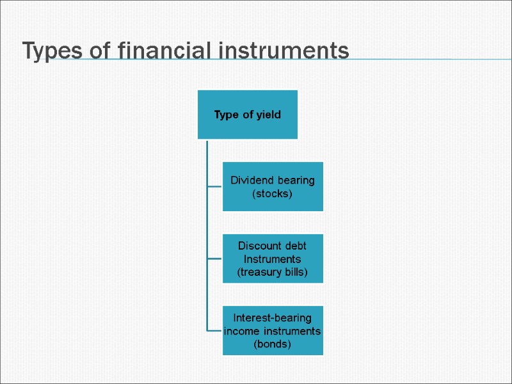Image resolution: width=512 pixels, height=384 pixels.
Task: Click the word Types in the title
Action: click(x=51, y=51)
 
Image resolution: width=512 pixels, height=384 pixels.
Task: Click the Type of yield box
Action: click(x=247, y=115)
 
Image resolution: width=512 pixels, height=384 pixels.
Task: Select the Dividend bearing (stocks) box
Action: click(x=273, y=186)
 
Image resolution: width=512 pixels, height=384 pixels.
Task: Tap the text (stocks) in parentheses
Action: click(x=273, y=193)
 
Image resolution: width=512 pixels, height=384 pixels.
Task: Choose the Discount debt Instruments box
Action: click(x=273, y=259)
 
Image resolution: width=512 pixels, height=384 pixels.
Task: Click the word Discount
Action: click(x=260, y=246)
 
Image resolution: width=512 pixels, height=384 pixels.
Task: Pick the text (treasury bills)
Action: click(x=273, y=273)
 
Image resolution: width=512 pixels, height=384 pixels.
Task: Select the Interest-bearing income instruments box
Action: click(x=273, y=331)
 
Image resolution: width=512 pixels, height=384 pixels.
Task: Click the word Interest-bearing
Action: click(x=273, y=317)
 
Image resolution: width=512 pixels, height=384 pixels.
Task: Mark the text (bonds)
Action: click(x=273, y=344)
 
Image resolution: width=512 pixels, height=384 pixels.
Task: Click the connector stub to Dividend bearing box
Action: click(x=214, y=186)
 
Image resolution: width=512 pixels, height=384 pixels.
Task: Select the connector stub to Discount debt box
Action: click(x=214, y=259)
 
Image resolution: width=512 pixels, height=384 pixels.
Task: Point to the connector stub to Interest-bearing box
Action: click(x=214, y=331)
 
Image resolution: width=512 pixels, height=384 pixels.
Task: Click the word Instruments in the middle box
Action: click(x=273, y=259)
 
